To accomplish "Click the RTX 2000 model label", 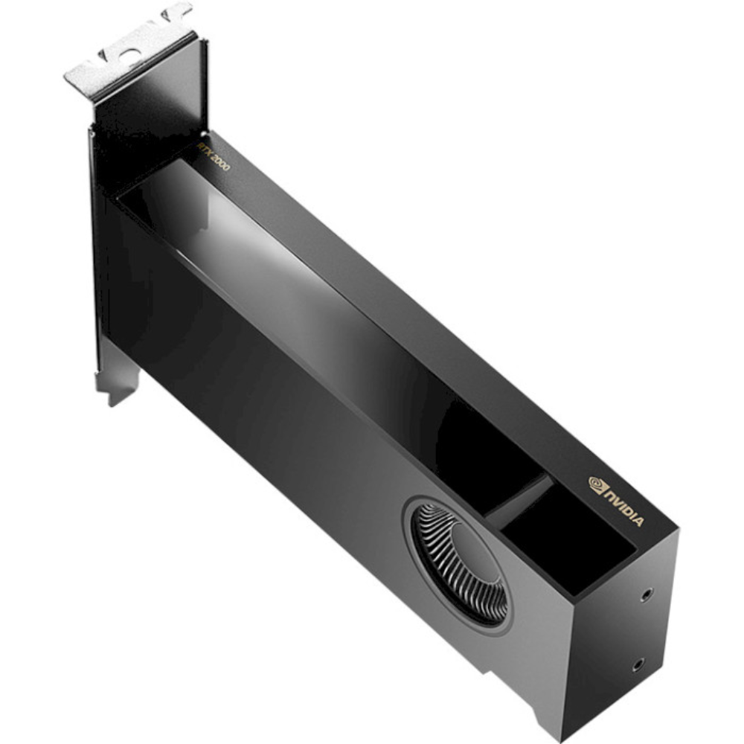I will (x=214, y=157).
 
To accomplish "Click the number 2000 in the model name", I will (x=220, y=162).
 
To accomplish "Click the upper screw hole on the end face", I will (x=646, y=594).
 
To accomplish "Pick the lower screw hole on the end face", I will (x=637, y=664).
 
